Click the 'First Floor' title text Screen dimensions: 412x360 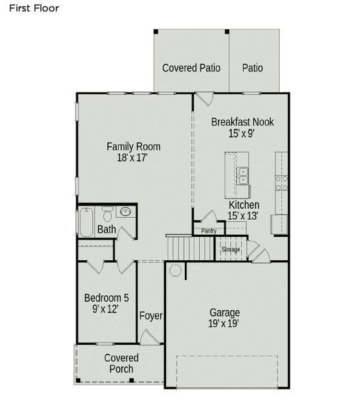pyautogui.click(x=34, y=9)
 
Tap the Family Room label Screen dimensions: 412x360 pyautogui.click(x=133, y=146)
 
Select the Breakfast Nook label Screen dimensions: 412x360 pyautogui.click(x=242, y=122)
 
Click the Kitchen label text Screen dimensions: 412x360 pyautogui.click(x=244, y=205)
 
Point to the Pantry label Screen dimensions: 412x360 pyautogui.click(x=208, y=231)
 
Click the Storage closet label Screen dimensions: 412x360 pyautogui.click(x=231, y=249)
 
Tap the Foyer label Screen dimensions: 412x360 pyautogui.click(x=151, y=316)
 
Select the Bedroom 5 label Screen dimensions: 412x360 pyautogui.click(x=106, y=298)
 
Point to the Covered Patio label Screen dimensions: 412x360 pyautogui.click(x=191, y=68)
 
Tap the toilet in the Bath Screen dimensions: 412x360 pyautogui.click(x=107, y=212)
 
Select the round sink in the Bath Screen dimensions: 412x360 pyautogui.click(x=126, y=211)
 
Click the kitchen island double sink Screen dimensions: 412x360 pyautogui.click(x=243, y=176)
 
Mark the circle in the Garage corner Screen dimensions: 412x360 pyautogui.click(x=176, y=271)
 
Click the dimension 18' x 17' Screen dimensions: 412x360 pyautogui.click(x=133, y=158)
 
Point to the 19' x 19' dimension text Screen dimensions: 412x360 pyautogui.click(x=225, y=323)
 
